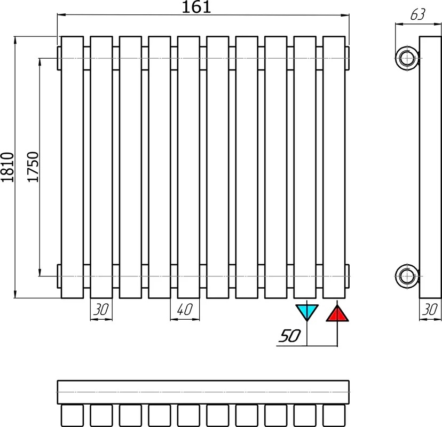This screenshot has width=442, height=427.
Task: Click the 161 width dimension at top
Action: [196, 7]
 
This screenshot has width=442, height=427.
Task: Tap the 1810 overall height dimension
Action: [7, 167]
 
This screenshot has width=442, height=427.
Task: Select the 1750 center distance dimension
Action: [33, 167]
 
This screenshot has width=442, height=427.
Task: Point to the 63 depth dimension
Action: [418, 14]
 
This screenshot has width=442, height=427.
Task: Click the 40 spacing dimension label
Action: [185, 310]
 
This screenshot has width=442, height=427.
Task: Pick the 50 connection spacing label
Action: [289, 336]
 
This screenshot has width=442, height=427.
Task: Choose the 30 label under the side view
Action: [430, 310]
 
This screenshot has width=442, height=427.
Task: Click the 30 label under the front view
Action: [101, 310]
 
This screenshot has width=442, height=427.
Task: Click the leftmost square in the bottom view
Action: [73, 416]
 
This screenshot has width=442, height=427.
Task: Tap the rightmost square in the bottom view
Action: [334, 416]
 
